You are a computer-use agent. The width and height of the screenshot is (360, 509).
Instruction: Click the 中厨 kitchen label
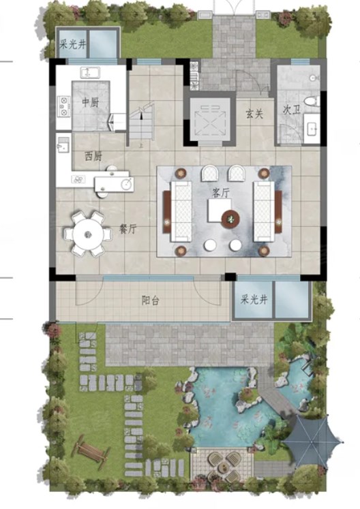(x=90, y=103)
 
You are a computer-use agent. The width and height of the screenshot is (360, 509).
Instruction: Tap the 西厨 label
(x=93, y=157)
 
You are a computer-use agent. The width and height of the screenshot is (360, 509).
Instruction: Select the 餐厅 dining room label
(x=127, y=229)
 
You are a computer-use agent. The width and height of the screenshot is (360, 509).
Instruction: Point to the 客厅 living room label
(x=221, y=193)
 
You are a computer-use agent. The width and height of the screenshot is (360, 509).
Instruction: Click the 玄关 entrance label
(x=254, y=114)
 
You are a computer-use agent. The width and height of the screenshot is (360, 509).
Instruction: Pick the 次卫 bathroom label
(x=291, y=110)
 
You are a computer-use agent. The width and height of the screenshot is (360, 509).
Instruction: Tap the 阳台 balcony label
(x=151, y=300)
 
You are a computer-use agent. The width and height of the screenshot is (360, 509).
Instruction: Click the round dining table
(x=88, y=234)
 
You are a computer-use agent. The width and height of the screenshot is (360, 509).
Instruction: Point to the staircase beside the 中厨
(x=141, y=122)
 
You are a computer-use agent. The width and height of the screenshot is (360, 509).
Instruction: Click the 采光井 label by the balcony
(x=254, y=299)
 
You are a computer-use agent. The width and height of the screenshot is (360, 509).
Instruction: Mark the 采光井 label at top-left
(x=72, y=44)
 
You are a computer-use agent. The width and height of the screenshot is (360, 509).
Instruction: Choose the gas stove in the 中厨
(x=63, y=106)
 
